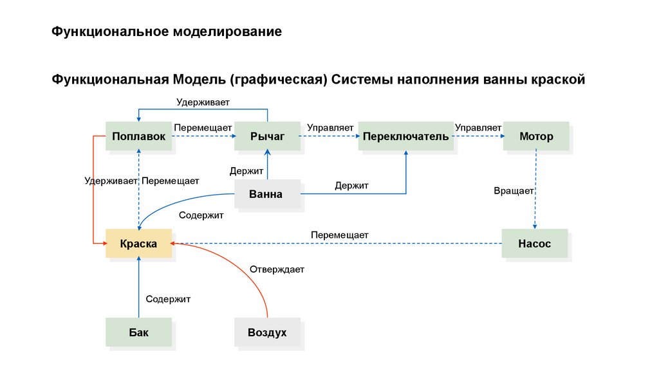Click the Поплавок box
click(138, 136)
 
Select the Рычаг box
click(267, 136)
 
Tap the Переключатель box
click(406, 136)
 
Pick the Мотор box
click(536, 136)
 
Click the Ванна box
click(266, 194)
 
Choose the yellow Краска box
click(138, 244)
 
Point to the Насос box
click(534, 244)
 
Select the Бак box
click(138, 333)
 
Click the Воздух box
click(267, 333)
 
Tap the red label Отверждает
click(277, 269)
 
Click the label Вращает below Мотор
click(514, 191)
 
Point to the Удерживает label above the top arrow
click(203, 102)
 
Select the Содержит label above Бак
click(168, 299)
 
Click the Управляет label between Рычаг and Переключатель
click(330, 127)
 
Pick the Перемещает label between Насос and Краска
click(339, 235)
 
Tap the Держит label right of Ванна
click(351, 186)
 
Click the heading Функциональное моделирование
click(167, 32)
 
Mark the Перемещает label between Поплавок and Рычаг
click(203, 127)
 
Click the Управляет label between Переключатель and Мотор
click(478, 127)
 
